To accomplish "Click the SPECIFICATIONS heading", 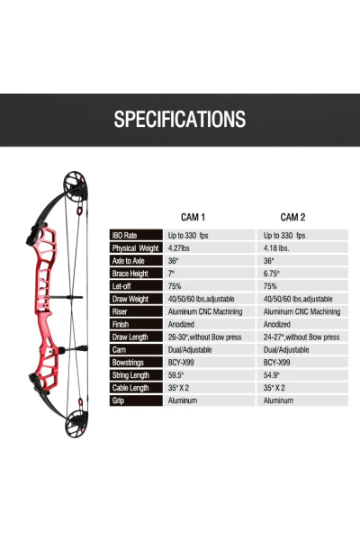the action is pyautogui.click(x=180, y=119).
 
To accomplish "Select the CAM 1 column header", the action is pyautogui.click(x=193, y=217).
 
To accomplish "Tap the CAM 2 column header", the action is pyautogui.click(x=292, y=217).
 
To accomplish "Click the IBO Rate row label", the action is pyautogui.click(x=125, y=236).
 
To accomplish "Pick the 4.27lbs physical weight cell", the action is pyautogui.click(x=178, y=248).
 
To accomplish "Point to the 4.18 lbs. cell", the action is pyautogui.click(x=276, y=248).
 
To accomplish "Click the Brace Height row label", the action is pyautogui.click(x=130, y=274).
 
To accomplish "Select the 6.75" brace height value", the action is pyautogui.click(x=272, y=274).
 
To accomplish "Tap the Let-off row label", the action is pyautogui.click(x=121, y=286).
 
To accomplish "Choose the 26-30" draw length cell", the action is pyautogui.click(x=204, y=337).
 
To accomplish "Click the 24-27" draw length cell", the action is pyautogui.click(x=301, y=337).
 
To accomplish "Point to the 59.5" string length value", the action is pyautogui.click(x=175, y=375).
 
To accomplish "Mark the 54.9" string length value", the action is pyautogui.click(x=272, y=375).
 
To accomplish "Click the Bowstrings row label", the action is pyautogui.click(x=128, y=363).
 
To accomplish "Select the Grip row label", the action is pyautogui.click(x=118, y=400).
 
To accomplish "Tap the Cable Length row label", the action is pyautogui.click(x=130, y=388).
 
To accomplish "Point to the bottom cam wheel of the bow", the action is pyautogui.click(x=76, y=424).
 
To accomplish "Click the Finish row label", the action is pyautogui.click(x=121, y=324).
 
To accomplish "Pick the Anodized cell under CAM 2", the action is pyautogui.click(x=277, y=324).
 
